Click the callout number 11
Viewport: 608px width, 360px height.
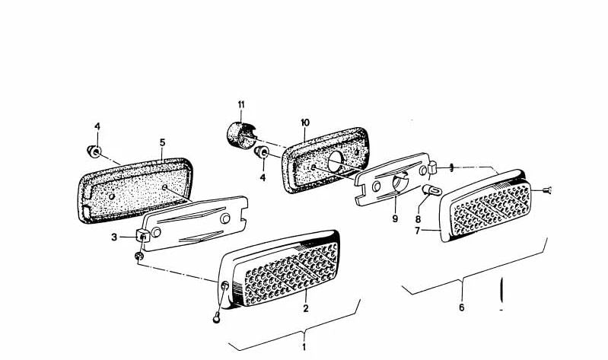click(x=241, y=105)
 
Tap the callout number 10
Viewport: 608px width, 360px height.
click(x=305, y=123)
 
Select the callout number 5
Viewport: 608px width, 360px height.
click(x=163, y=142)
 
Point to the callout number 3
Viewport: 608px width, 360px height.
click(x=114, y=237)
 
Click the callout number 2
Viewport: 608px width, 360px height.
click(x=306, y=308)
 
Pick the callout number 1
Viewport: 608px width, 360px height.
click(x=304, y=346)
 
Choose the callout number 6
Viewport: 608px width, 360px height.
click(x=461, y=307)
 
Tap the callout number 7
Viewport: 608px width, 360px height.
click(x=417, y=231)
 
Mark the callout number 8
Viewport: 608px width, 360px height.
click(x=418, y=218)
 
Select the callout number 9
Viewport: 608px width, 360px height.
click(x=395, y=218)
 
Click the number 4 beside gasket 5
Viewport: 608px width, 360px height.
click(x=97, y=126)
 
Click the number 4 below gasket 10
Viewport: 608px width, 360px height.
click(x=263, y=177)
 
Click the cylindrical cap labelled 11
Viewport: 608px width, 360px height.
click(x=239, y=134)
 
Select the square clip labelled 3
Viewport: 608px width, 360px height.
click(x=143, y=235)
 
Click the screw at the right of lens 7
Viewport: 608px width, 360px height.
click(x=546, y=190)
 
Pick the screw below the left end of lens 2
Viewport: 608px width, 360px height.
click(x=217, y=318)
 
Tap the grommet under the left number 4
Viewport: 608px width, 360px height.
click(x=94, y=151)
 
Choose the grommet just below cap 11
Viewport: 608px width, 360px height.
click(x=260, y=151)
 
